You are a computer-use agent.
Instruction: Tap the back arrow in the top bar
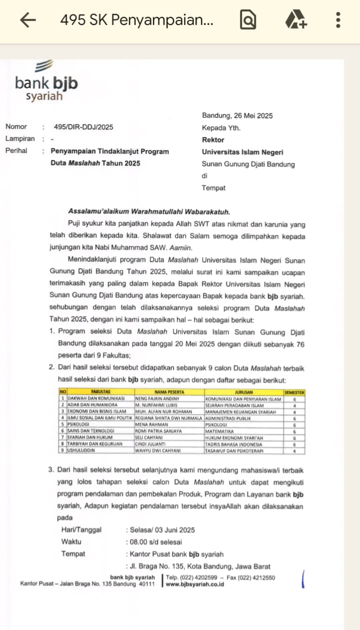28,20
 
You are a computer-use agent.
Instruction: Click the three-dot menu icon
338,20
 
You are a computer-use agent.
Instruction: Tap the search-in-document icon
248,20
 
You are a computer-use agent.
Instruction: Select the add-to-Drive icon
295,20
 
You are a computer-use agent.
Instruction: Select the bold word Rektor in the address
213,139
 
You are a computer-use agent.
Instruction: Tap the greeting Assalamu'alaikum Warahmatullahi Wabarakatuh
149,212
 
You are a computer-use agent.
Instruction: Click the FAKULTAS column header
100,392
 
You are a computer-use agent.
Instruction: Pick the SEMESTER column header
294,392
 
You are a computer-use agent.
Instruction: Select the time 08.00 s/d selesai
155,542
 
